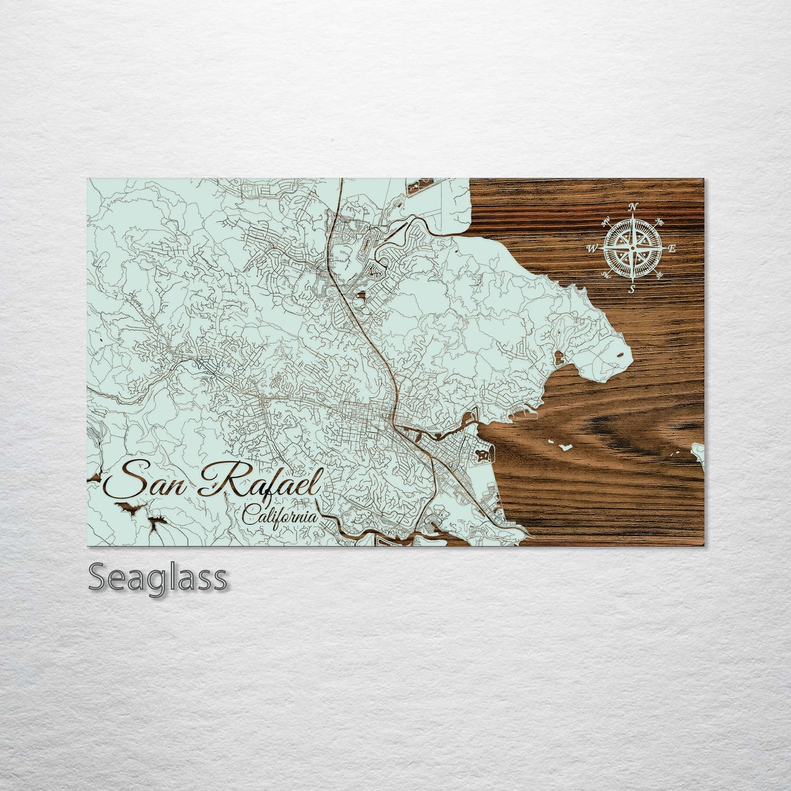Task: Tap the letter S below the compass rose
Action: point(631,290)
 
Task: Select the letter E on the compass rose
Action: point(673,249)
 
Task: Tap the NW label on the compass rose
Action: point(606,222)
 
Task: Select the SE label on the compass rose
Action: point(659,274)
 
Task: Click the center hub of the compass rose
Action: point(632,249)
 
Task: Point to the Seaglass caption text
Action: point(157,578)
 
